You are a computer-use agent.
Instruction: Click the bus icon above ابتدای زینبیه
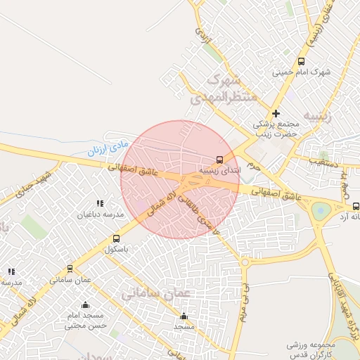point(220,159)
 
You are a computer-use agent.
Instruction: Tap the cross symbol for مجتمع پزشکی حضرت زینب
point(276,113)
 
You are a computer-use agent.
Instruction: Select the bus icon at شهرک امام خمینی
point(302,60)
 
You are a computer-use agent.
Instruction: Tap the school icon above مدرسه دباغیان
point(100,203)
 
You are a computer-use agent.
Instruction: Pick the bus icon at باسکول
point(116,238)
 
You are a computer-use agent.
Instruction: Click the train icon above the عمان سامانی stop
point(70,269)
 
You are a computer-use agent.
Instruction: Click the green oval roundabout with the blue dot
point(321,209)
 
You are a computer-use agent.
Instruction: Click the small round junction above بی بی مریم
point(245,262)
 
